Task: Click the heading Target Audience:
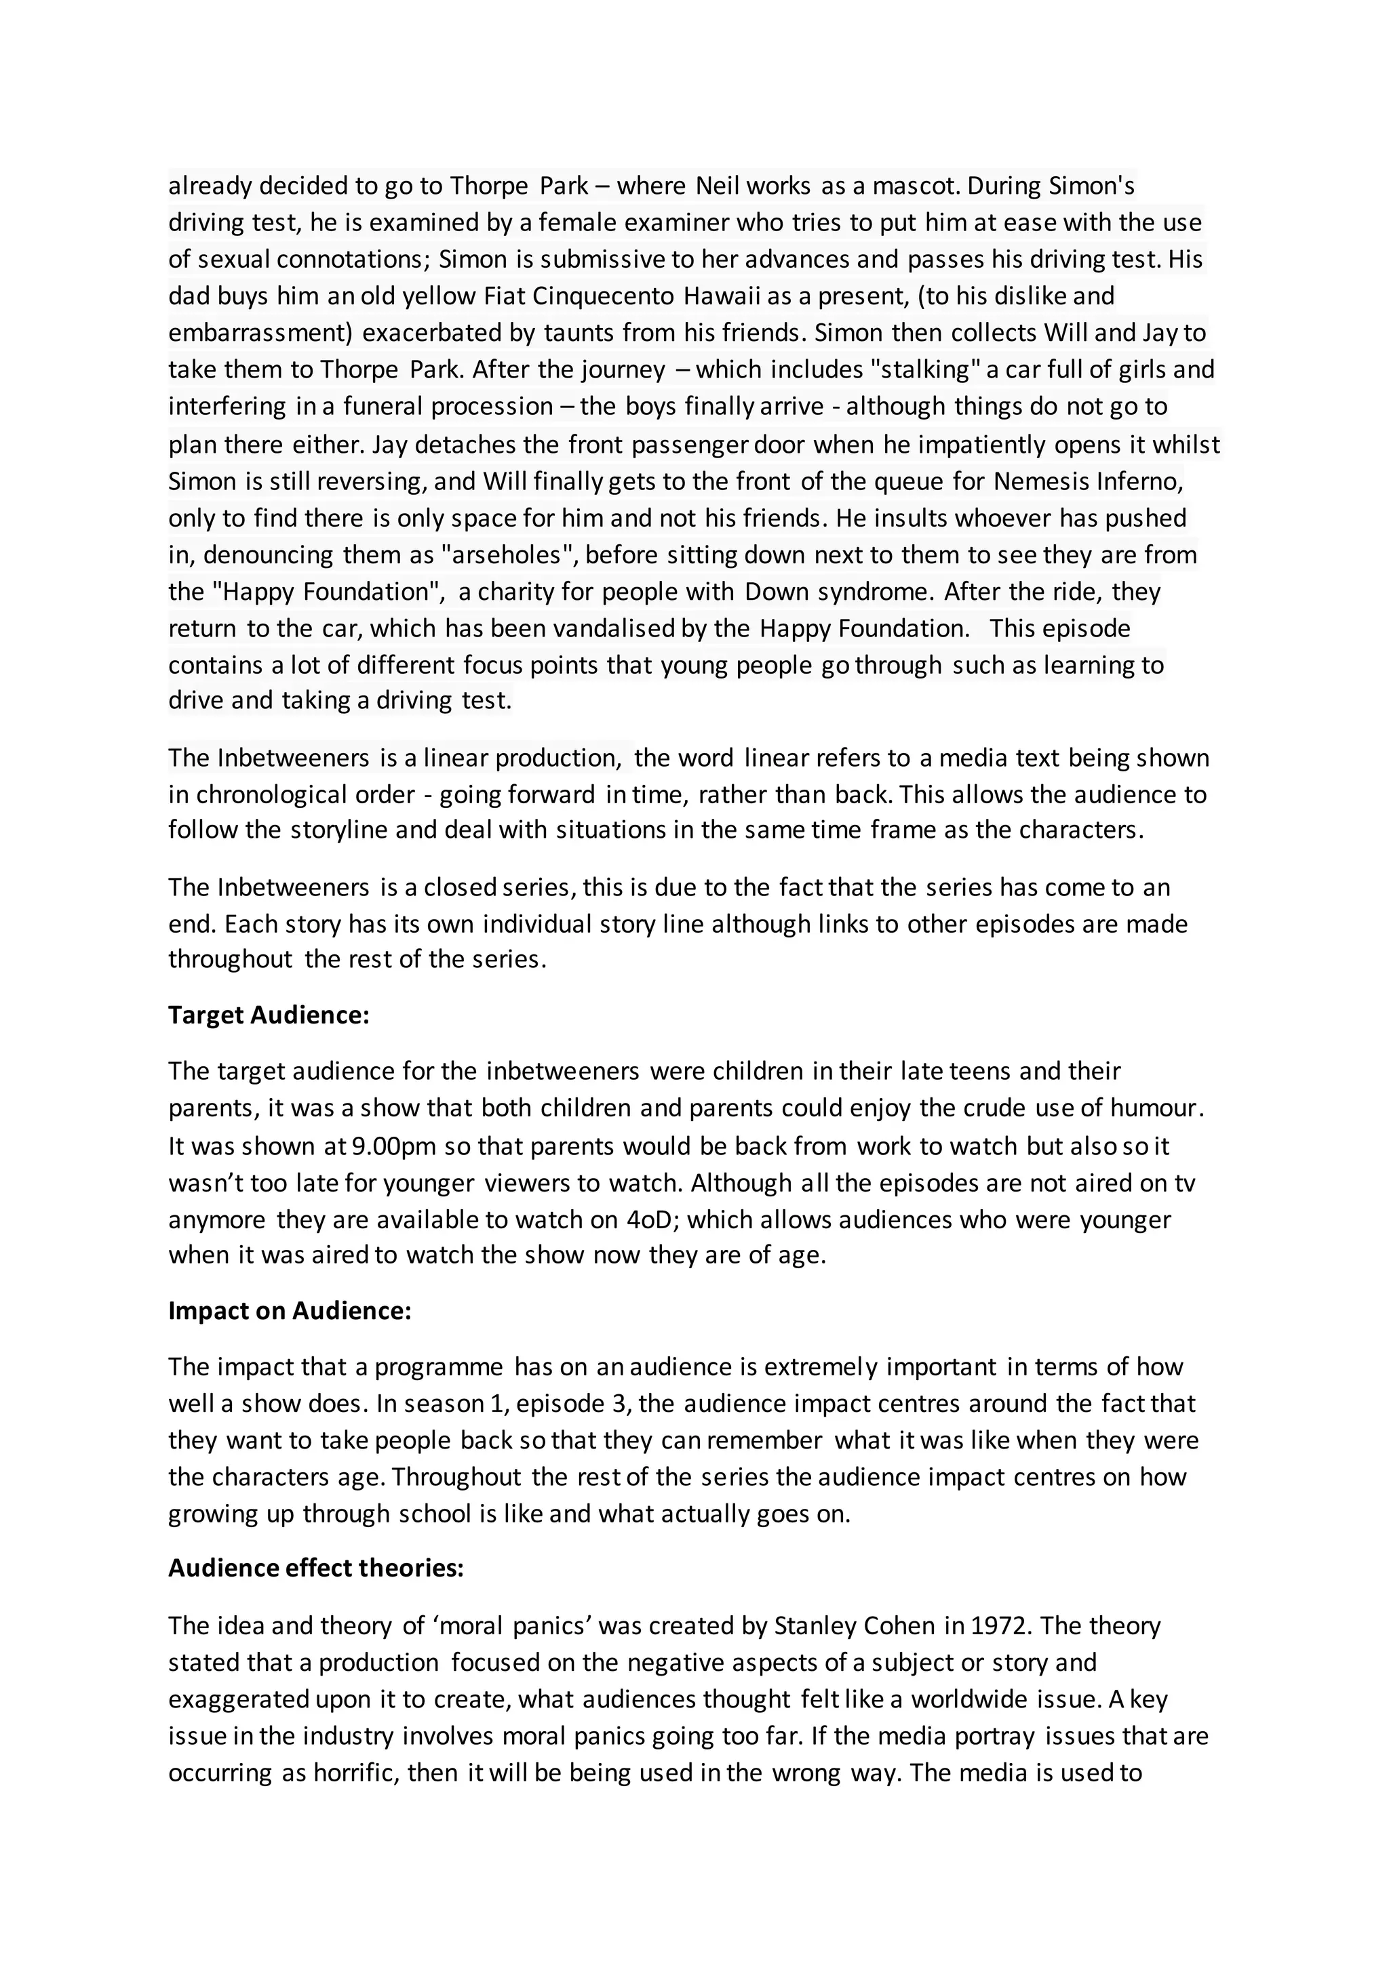(x=269, y=1015)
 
